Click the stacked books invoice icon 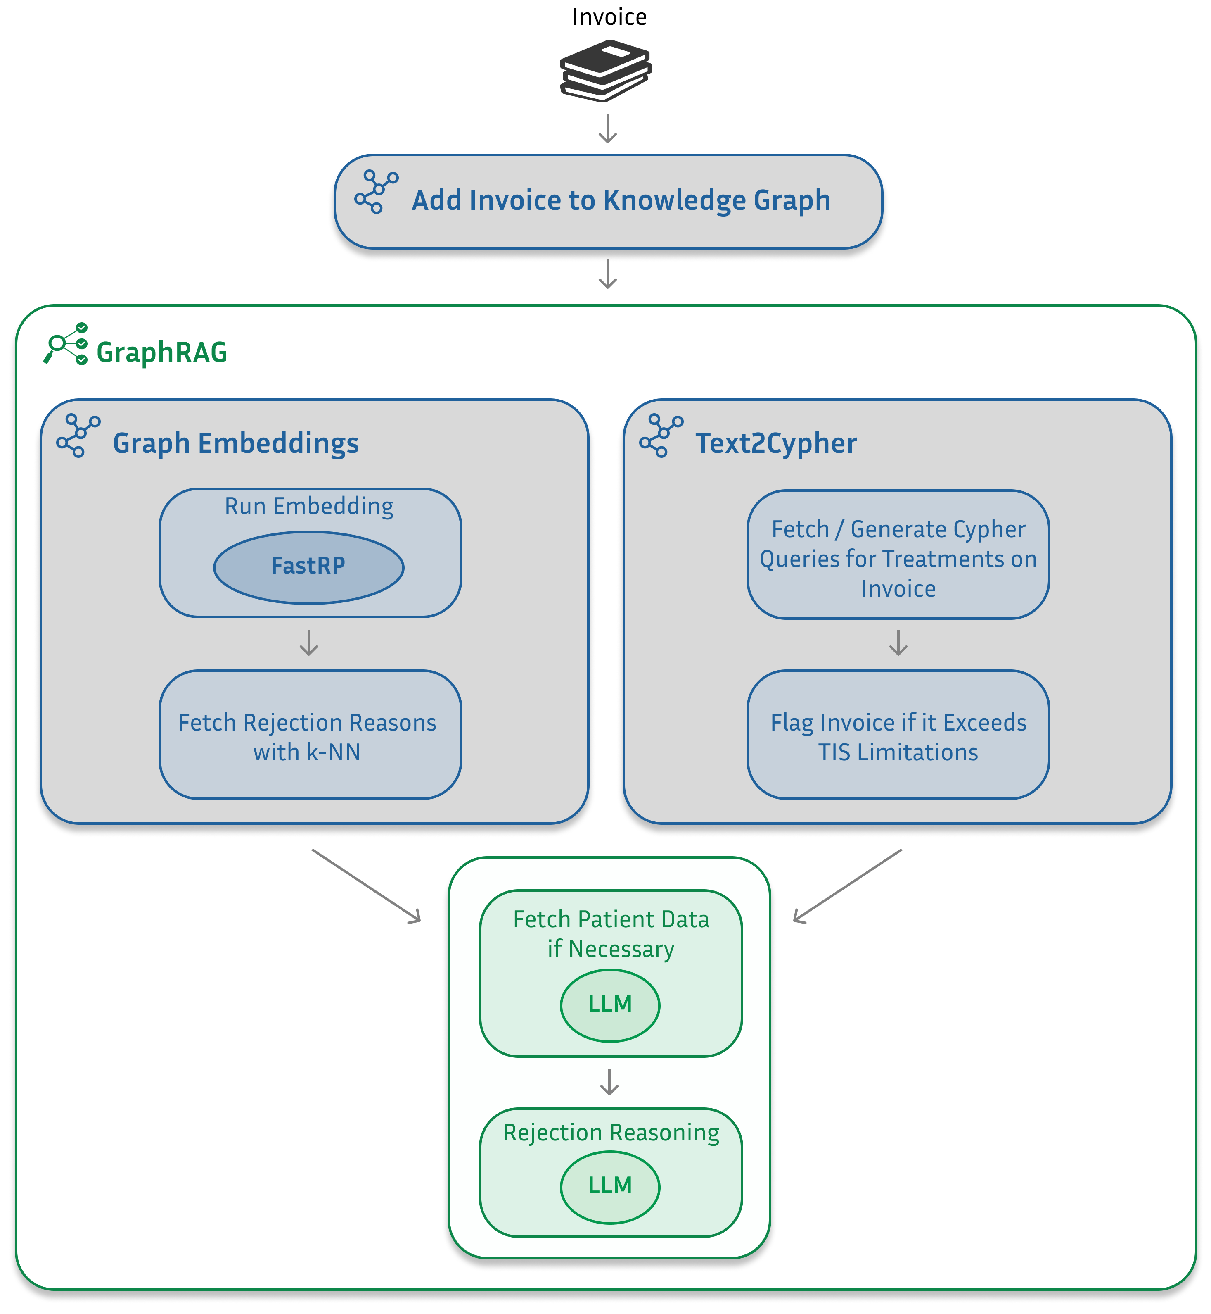(x=605, y=71)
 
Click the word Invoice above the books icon (x=609, y=17)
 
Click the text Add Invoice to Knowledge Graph (x=621, y=201)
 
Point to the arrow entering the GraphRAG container (x=608, y=274)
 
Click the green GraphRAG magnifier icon (x=66, y=343)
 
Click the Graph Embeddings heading (x=235, y=443)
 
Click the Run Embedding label (x=309, y=506)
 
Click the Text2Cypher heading (x=775, y=443)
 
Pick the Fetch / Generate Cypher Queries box (x=898, y=555)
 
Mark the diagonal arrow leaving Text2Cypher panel (x=847, y=886)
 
